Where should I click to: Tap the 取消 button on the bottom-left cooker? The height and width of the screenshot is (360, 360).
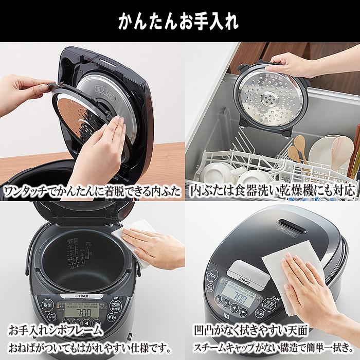[48, 304]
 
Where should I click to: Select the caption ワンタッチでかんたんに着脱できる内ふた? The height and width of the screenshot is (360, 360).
[93, 191]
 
